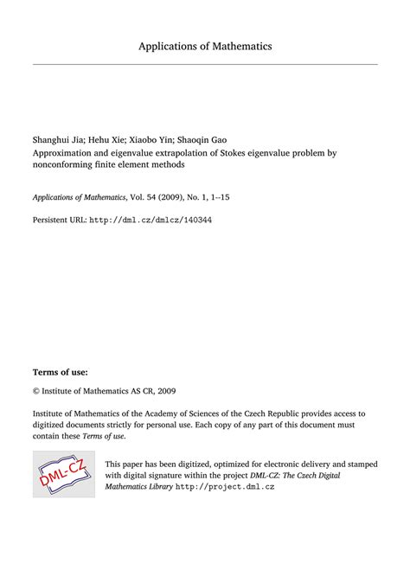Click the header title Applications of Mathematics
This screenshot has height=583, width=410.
(x=205, y=45)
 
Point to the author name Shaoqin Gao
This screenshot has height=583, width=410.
(x=206, y=139)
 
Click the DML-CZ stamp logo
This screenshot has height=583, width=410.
(x=63, y=473)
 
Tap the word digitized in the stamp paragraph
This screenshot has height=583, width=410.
(x=190, y=464)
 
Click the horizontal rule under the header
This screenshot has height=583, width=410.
(x=205, y=64)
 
